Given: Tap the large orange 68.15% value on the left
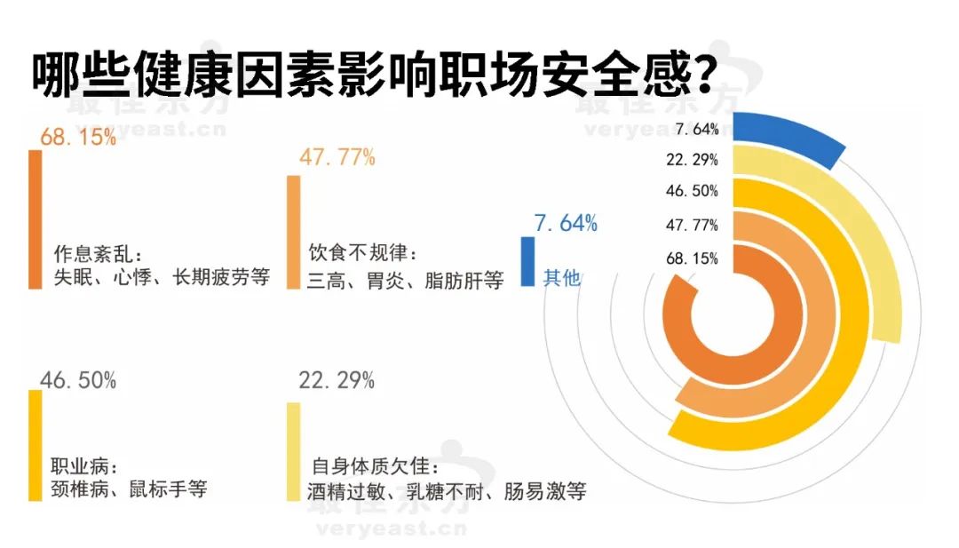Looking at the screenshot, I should coord(78,139).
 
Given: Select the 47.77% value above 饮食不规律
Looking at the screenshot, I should coord(338,158).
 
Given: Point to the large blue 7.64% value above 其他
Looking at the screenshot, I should coord(565,223).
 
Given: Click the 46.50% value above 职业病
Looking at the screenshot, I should coord(78,380).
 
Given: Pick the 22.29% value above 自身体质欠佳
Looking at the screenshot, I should coord(338,380).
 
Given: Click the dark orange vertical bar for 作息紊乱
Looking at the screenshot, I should coord(35,218).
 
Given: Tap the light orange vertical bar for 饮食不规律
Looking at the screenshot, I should coord(293,232).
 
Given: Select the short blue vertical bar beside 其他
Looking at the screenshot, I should coord(527,261).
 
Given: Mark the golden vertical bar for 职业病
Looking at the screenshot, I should coord(35,445).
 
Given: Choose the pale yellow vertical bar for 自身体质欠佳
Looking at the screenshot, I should coord(293,451).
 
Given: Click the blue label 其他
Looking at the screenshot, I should coord(561,278).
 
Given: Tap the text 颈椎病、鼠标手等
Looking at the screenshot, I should coord(130,489).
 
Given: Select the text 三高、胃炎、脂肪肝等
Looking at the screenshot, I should coord(406,282).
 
